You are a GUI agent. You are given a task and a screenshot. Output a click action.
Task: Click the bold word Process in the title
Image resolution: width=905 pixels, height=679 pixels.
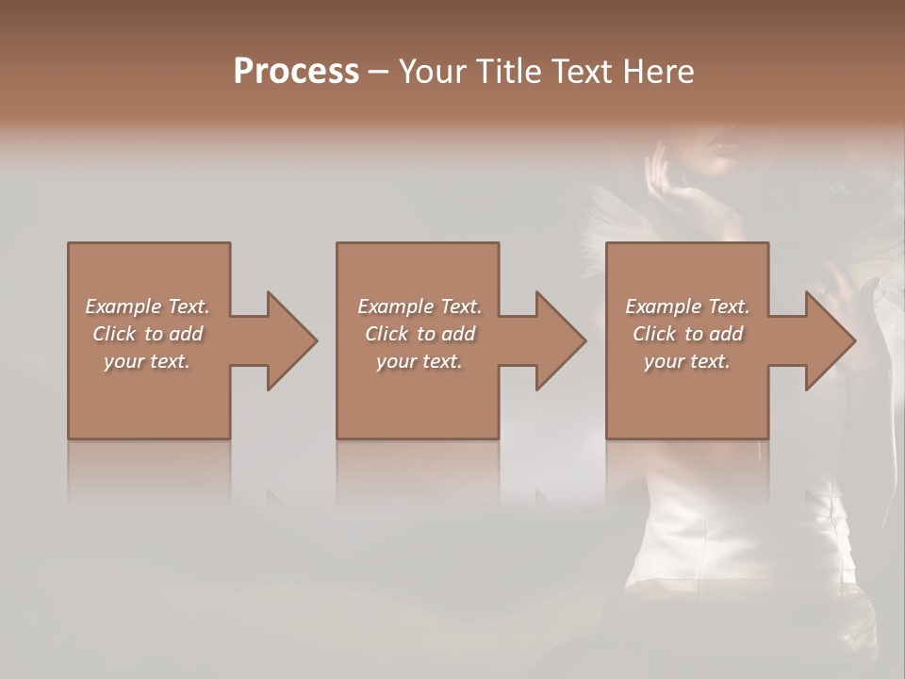click(x=296, y=72)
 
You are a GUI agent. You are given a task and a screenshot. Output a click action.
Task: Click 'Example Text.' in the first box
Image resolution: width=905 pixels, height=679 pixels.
click(x=147, y=306)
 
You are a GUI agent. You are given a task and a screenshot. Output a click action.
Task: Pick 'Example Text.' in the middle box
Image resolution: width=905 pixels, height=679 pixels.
click(x=420, y=306)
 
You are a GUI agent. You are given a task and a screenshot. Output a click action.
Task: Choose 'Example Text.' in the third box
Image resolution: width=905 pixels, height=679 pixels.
click(x=687, y=306)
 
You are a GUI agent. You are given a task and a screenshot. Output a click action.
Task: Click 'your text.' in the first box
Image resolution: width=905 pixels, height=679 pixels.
click(x=147, y=361)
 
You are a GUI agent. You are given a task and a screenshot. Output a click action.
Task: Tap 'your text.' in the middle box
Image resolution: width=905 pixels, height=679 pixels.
click(x=420, y=361)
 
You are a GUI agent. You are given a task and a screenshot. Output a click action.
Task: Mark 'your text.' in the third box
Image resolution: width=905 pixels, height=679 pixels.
click(x=687, y=361)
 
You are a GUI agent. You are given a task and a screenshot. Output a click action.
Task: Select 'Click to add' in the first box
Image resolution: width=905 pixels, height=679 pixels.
click(x=147, y=334)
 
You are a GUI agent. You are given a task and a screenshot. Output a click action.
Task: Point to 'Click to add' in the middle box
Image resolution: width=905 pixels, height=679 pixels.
click(x=420, y=334)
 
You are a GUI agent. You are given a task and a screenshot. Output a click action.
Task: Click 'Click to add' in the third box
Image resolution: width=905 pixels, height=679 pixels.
click(x=687, y=334)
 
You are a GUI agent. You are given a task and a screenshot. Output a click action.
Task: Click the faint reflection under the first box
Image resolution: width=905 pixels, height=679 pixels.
click(x=149, y=472)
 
